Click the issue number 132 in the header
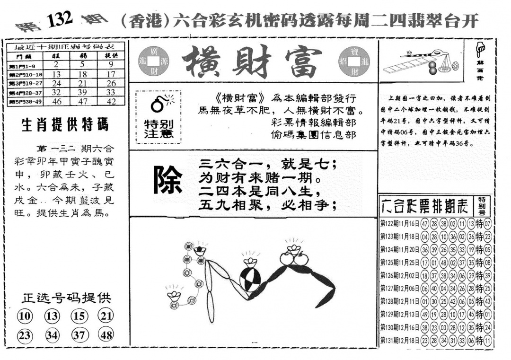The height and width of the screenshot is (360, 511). pyautogui.click(x=60, y=19)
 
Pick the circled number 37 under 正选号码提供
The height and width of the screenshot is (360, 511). pyautogui.click(x=79, y=335)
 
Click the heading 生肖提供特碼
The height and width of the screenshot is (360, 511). pyautogui.click(x=65, y=125)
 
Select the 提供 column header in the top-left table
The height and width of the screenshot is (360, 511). pyautogui.click(x=111, y=56)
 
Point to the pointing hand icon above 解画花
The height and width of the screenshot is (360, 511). pyautogui.click(x=481, y=47)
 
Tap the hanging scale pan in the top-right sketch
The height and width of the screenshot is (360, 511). pyautogui.click(x=445, y=68)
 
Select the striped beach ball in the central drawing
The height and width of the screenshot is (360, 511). pyautogui.click(x=249, y=281)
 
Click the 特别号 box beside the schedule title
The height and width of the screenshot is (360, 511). pyautogui.click(x=482, y=205)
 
